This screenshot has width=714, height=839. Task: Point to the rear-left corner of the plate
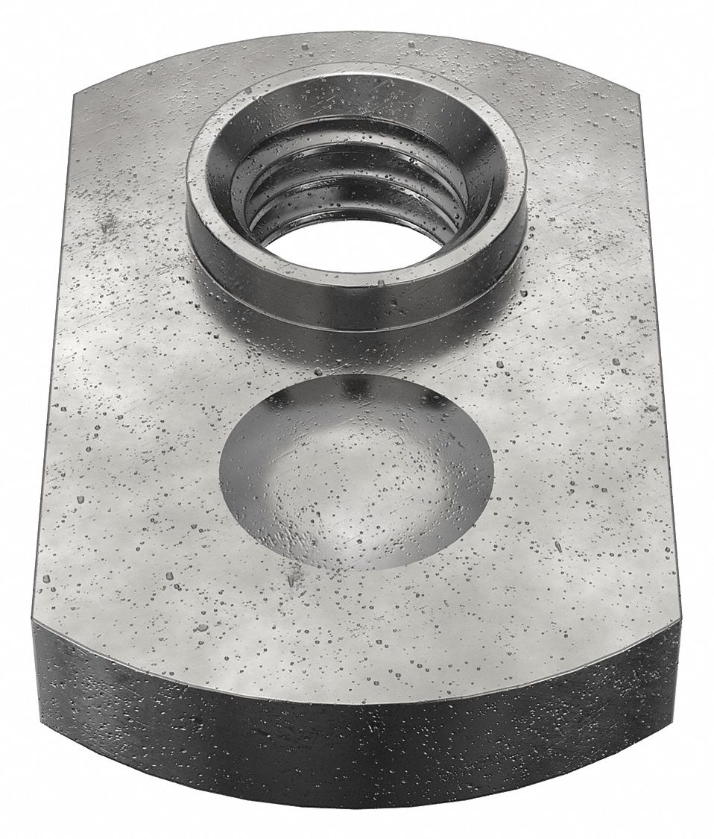coord(76,97)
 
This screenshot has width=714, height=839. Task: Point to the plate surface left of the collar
coord(127,194)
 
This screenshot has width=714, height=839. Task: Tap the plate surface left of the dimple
coord(134,477)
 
